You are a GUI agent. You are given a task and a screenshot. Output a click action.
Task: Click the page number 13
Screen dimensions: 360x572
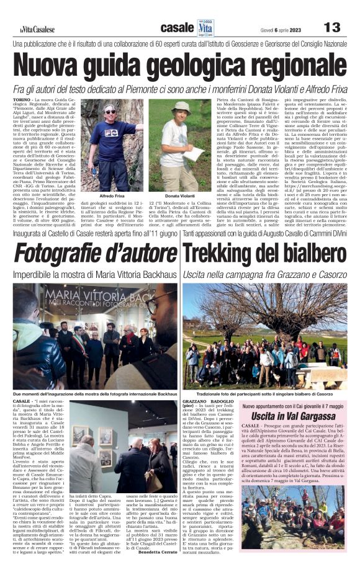pos(332,27)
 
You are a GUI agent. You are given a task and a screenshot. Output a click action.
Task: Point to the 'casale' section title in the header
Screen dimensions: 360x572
pos(177,28)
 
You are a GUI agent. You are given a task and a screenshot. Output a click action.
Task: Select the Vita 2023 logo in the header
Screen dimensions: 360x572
pos(205,27)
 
